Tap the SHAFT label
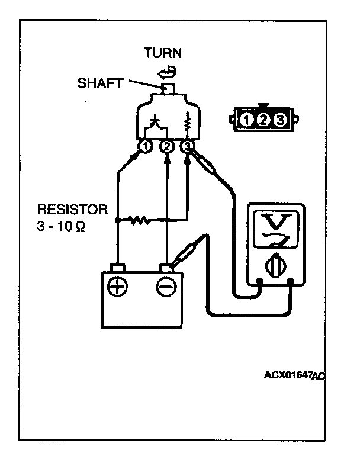[100, 83]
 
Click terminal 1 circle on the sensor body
[145, 146]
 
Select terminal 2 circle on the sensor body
[167, 146]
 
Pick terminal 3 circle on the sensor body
[188, 146]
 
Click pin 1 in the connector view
[248, 120]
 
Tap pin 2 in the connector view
[264, 120]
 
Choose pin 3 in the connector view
[281, 120]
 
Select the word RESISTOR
[72, 210]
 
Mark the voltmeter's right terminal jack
[290, 282]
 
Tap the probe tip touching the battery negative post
[175, 264]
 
